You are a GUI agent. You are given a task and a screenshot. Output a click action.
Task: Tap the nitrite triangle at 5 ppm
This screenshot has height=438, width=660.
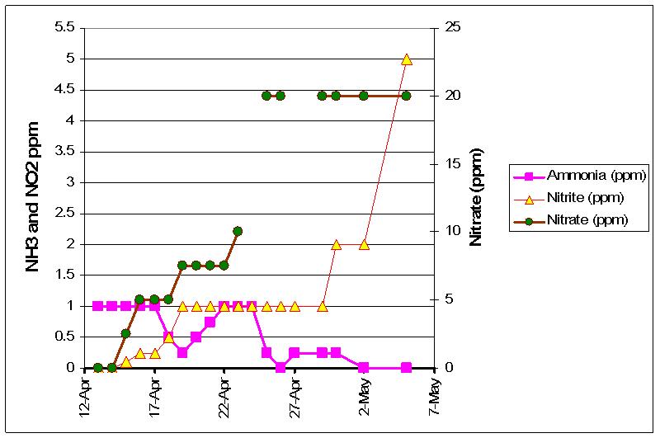[406, 59]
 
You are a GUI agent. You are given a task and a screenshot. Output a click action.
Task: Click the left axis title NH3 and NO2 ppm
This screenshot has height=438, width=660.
[33, 196]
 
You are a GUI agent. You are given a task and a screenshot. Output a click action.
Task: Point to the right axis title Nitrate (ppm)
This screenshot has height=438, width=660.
[476, 196]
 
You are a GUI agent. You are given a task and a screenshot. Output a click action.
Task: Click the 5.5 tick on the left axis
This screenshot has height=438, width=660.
[65, 28]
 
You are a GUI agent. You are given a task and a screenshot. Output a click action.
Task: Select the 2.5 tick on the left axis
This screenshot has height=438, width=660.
[65, 214]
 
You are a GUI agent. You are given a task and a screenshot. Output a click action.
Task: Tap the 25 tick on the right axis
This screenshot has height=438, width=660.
[453, 28]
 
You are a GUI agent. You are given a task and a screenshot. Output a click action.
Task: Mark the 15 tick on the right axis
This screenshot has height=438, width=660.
[453, 164]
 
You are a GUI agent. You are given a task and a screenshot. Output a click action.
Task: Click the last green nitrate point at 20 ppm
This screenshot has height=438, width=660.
[406, 96]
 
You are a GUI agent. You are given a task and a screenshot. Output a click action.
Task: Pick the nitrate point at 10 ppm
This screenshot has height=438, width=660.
[238, 231]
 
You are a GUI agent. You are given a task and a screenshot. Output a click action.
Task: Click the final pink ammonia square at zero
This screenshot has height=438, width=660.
[406, 368]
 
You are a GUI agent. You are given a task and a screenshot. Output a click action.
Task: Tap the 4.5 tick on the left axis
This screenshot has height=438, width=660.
[65, 90]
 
